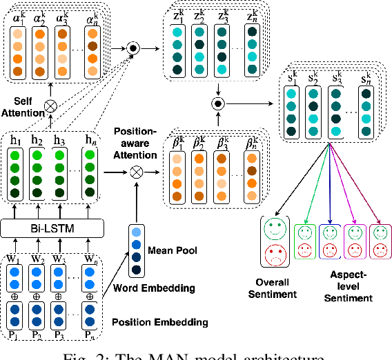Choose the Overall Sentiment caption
[x=277, y=288]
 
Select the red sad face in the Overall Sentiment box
[x=277, y=255]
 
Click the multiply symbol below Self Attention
[x=50, y=106]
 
